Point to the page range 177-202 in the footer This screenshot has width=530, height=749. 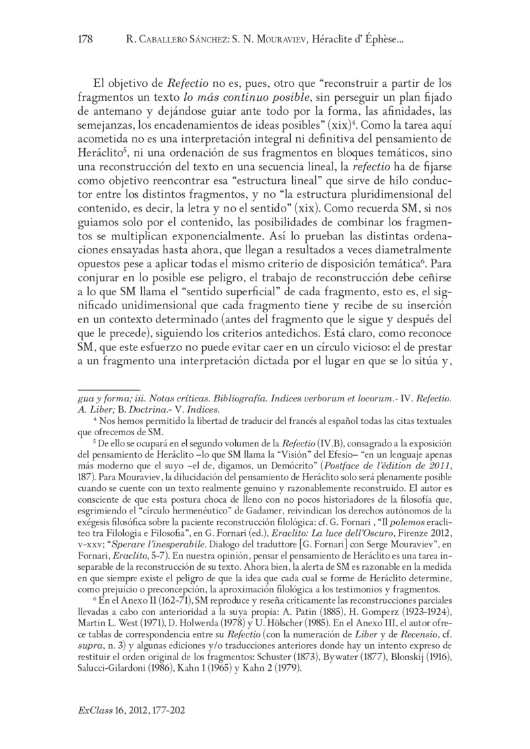pyautogui.click(x=164, y=710)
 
